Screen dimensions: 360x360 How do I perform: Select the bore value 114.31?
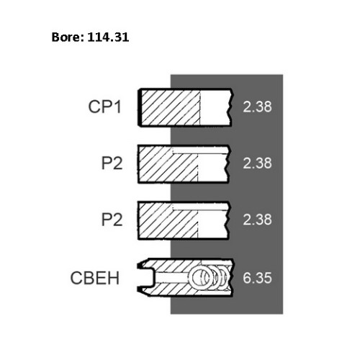[108, 37]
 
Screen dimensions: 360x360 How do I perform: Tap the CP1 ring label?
[104, 107]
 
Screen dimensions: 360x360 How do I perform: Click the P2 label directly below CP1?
[112, 163]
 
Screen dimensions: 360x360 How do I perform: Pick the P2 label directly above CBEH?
[112, 220]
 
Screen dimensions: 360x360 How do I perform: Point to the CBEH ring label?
[95, 278]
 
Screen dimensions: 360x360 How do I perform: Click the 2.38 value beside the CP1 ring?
[257, 107]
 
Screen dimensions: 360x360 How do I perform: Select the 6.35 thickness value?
[257, 278]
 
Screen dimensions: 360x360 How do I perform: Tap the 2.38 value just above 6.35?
[257, 220]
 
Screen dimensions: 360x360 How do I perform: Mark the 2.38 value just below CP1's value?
[257, 163]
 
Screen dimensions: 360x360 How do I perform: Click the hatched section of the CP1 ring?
[171, 108]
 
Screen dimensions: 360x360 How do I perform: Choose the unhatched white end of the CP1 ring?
[215, 108]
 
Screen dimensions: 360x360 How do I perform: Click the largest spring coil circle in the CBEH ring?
[201, 277]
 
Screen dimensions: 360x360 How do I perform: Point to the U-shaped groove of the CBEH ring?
[147, 278]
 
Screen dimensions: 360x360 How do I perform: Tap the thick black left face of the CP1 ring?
[140, 108]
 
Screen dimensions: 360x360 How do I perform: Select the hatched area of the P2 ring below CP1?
[168, 164]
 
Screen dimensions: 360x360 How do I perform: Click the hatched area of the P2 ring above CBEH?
[168, 221]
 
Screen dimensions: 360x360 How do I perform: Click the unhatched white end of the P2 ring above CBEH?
[212, 225]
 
